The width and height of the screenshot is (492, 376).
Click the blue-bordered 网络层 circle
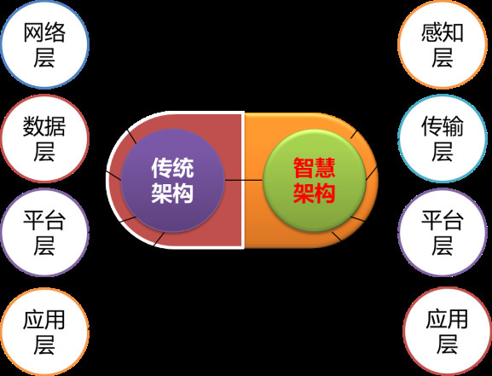[44, 44]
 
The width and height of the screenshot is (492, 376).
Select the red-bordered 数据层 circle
[44, 138]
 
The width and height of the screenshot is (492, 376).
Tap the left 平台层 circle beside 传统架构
[44, 232]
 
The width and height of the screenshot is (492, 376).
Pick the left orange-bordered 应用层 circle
[44, 332]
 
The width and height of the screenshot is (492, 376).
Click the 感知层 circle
[443, 44]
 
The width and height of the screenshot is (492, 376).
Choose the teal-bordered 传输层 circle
[443, 138]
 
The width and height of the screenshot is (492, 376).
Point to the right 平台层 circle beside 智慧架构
[443, 232]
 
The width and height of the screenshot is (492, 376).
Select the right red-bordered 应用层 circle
[447, 332]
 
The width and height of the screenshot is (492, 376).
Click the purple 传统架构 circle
[172, 181]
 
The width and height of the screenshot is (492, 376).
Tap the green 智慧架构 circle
[315, 181]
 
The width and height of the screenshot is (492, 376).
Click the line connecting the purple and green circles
[244, 180]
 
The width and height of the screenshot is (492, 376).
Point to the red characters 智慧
[315, 168]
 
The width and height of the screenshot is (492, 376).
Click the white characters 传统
[172, 168]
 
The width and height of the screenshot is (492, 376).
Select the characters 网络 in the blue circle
[44, 32]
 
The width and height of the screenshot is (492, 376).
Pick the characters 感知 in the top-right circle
[443, 32]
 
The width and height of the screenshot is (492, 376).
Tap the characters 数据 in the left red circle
[44, 126]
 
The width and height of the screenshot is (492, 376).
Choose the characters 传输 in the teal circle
[443, 126]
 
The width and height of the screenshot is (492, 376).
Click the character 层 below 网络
[44, 57]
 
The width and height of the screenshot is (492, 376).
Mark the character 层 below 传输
[443, 151]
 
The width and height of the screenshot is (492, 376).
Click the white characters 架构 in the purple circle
[172, 193]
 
